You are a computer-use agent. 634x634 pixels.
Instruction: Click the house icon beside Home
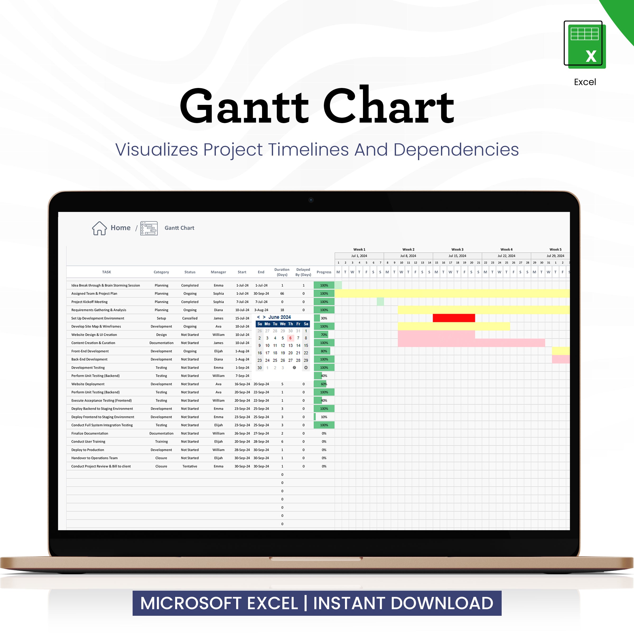click(x=99, y=228)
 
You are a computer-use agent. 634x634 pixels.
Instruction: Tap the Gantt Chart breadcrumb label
click(x=179, y=228)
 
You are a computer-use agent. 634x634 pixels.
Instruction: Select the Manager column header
click(x=218, y=272)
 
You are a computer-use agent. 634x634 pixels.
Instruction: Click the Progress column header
click(x=324, y=272)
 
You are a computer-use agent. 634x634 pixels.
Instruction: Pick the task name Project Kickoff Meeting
click(x=89, y=302)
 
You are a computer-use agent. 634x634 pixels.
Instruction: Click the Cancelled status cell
click(x=190, y=318)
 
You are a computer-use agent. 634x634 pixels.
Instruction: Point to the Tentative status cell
click(x=190, y=466)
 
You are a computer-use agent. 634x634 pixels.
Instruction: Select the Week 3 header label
click(x=457, y=249)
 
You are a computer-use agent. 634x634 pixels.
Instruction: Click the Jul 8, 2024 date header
click(x=408, y=256)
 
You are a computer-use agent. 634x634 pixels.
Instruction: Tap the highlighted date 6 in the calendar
click(x=290, y=338)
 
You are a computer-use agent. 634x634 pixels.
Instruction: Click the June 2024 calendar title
click(x=279, y=317)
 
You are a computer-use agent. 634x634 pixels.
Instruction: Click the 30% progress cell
click(x=324, y=318)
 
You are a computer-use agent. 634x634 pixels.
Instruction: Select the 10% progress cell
click(x=324, y=417)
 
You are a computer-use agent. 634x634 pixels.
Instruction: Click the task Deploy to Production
click(x=88, y=450)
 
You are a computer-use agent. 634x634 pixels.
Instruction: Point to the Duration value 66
click(x=282, y=294)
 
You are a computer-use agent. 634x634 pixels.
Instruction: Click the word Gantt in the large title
click(x=244, y=107)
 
